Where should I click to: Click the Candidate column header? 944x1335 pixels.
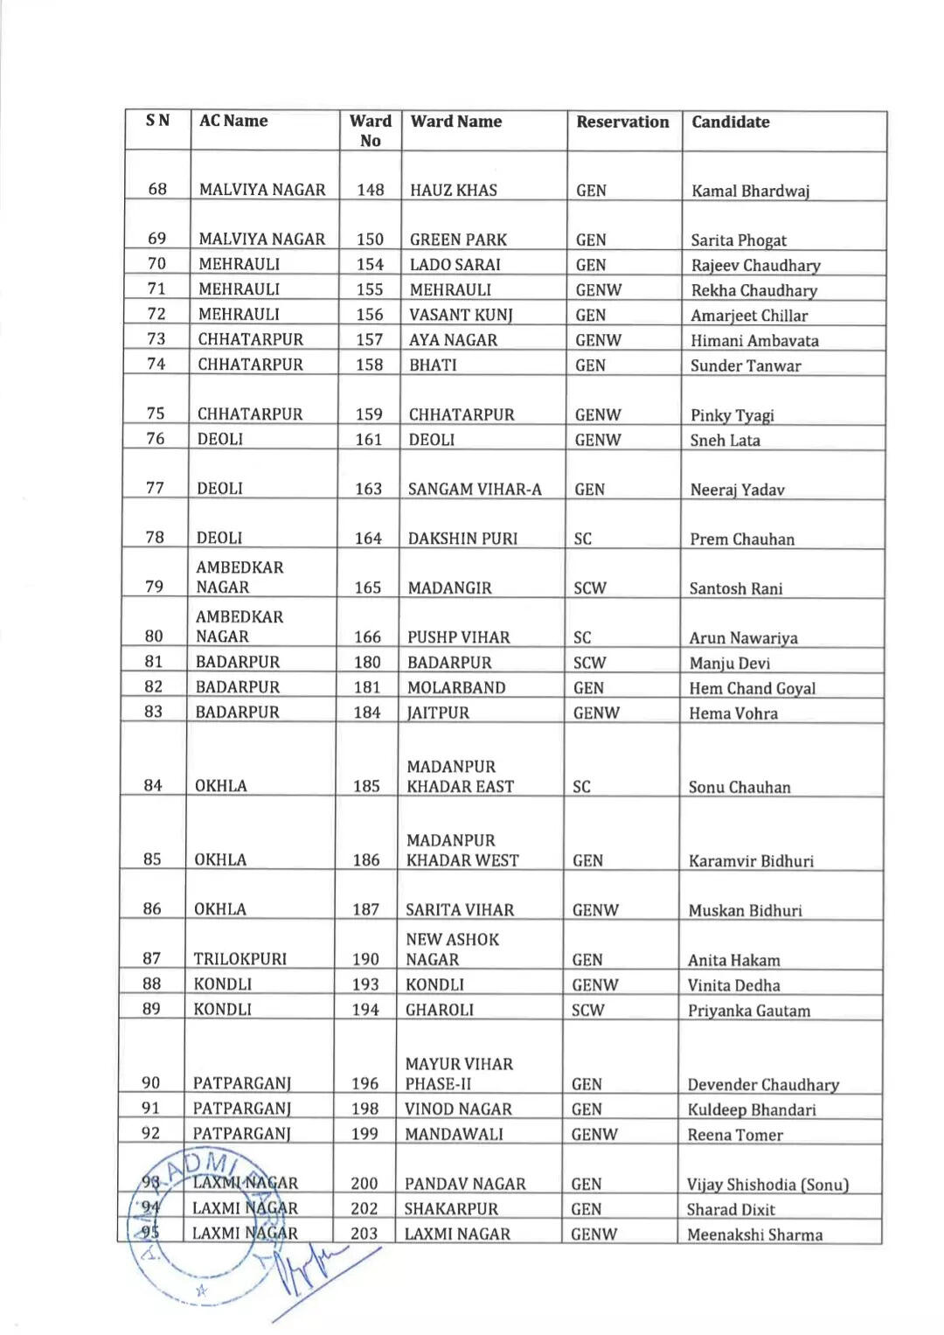pos(730,122)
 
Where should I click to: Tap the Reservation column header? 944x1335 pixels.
pos(622,122)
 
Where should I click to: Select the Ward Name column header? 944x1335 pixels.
pos(455,122)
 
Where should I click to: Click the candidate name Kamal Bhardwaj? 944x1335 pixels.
pos(750,191)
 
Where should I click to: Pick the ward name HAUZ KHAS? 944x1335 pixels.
pos(453,190)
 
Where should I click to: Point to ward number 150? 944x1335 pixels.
pos(370,239)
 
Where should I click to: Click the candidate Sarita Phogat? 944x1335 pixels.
pos(739,240)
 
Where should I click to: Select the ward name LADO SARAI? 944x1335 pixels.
pos(455,264)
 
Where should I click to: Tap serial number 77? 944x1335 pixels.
pos(155,488)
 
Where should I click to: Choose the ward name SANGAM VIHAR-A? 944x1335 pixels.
pos(475,490)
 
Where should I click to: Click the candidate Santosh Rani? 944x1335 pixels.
pos(735,588)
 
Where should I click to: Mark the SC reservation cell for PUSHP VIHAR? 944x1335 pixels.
pos(582,637)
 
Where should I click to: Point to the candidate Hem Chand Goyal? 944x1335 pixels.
pos(752,688)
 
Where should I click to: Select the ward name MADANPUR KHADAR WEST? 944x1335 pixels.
pos(462,850)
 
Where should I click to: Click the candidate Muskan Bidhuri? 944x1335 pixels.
pos(745,910)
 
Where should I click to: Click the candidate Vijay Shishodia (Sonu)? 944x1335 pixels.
pos(767,1185)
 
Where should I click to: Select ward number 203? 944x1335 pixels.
pos(364,1234)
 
